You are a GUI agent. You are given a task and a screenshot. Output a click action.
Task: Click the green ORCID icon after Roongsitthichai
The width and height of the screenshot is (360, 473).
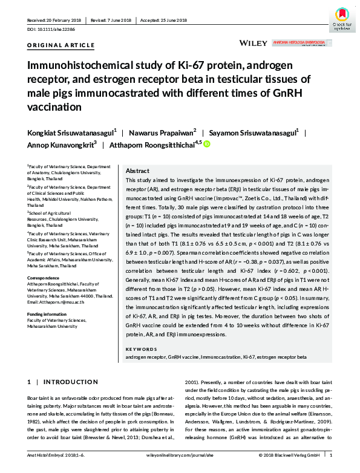(206, 144)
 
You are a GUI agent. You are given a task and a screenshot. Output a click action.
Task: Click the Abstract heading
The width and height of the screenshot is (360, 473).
(138, 171)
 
